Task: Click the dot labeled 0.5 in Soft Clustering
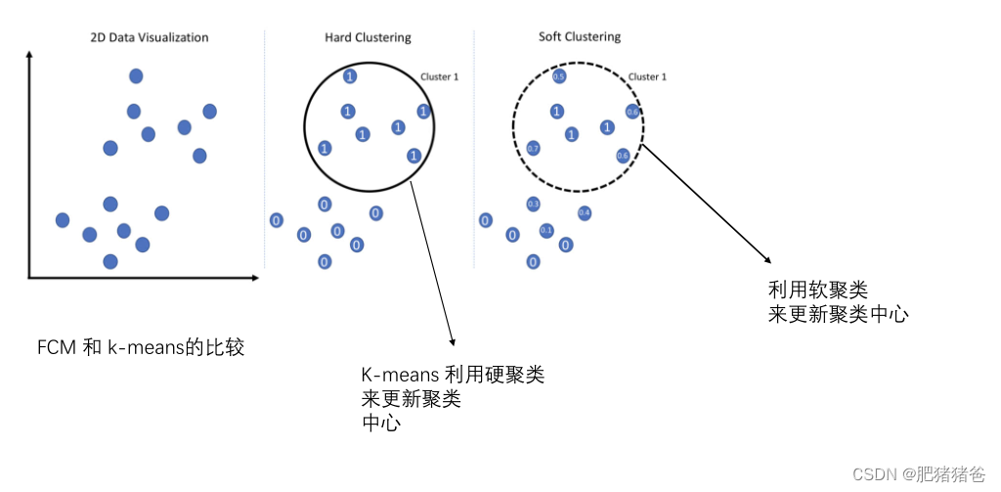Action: click(559, 76)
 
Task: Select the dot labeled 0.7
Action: click(533, 149)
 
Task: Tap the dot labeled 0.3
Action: click(533, 203)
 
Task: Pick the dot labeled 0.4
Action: click(585, 212)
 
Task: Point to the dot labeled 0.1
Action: click(546, 231)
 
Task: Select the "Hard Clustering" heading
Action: click(368, 38)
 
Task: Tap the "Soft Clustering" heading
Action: click(580, 37)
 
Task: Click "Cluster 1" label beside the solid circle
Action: click(439, 76)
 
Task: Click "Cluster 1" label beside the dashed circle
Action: click(646, 76)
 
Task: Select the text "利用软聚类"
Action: click(818, 290)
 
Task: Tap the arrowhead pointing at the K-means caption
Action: click(453, 341)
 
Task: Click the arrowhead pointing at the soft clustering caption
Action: click(767, 258)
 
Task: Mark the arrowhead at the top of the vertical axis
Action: click(30, 58)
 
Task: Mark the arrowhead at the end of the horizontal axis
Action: click(255, 279)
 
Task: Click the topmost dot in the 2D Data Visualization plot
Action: click(137, 75)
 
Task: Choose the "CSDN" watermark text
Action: click(875, 474)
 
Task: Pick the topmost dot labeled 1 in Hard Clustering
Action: click(350, 76)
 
